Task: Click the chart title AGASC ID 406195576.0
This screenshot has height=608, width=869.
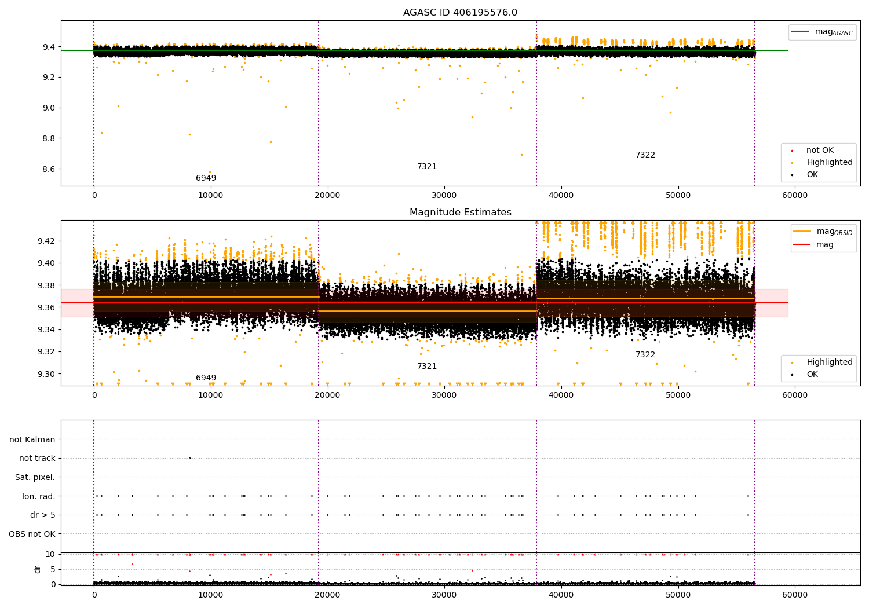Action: pyautogui.click(x=460, y=13)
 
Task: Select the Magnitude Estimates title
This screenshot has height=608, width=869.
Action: pyautogui.click(x=460, y=213)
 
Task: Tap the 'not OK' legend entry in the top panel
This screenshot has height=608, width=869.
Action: pyautogui.click(x=820, y=151)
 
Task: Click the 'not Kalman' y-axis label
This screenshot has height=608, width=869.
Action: pyautogui.click(x=32, y=439)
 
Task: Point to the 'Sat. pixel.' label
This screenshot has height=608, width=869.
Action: pyautogui.click(x=35, y=477)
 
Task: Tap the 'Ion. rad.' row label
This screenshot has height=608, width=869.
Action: pyautogui.click(x=38, y=496)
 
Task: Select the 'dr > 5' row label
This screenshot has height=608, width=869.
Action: pyautogui.click(x=42, y=515)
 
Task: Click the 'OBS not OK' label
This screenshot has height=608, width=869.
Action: pyautogui.click(x=32, y=534)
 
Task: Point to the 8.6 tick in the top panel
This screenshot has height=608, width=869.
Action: pyautogui.click(x=49, y=169)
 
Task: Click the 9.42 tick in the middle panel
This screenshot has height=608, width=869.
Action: pyautogui.click(x=46, y=241)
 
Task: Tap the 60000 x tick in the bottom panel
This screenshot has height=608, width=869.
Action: pyautogui.click(x=795, y=595)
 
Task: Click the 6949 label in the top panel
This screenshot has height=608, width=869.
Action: pyautogui.click(x=206, y=178)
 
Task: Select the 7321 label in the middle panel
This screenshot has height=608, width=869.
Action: pyautogui.click(x=427, y=367)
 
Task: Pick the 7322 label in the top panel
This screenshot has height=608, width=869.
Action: pyautogui.click(x=645, y=155)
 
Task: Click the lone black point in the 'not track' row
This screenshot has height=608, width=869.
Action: pyautogui.click(x=189, y=458)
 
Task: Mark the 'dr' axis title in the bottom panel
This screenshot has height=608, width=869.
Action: pyautogui.click(x=38, y=569)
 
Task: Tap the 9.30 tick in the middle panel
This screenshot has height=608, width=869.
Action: pyautogui.click(x=46, y=374)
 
